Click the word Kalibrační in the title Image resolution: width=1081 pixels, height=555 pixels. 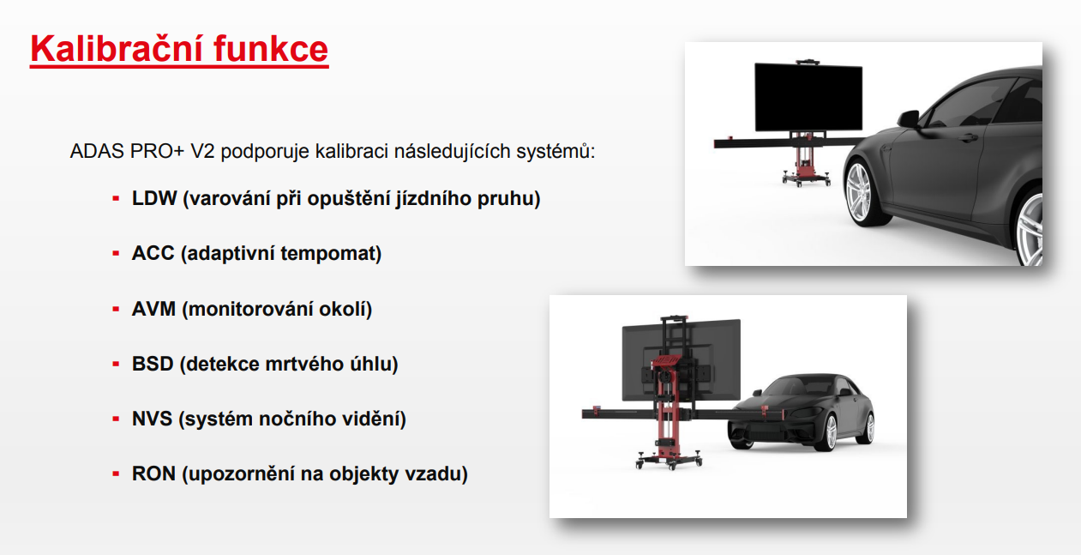pos(116,48)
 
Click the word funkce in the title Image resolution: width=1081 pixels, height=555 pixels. pos(271,48)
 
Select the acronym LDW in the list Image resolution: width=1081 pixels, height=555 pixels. pos(154,198)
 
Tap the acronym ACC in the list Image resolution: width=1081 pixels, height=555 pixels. pos(153,253)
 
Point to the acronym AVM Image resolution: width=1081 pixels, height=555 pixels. pos(153,309)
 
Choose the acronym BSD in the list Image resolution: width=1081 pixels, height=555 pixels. pos(153,364)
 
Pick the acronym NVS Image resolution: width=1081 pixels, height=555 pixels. pos(152,419)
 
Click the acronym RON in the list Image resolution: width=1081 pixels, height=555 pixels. pos(153,474)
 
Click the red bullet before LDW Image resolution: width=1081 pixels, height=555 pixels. pos(116,198)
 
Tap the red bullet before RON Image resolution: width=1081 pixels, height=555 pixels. pos(116,474)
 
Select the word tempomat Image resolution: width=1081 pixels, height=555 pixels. pos(331,254)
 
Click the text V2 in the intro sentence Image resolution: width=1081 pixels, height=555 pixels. pos(202,151)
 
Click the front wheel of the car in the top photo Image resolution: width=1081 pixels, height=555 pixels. pos(862,192)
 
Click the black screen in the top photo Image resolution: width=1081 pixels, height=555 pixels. pos(808,97)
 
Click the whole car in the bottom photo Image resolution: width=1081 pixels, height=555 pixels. pos(801,412)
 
